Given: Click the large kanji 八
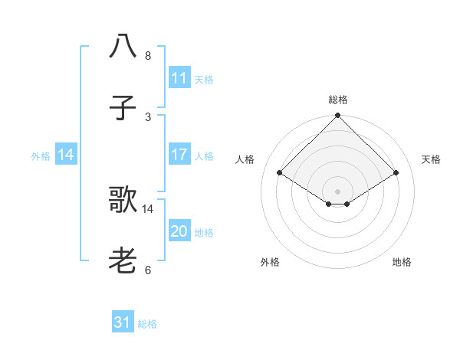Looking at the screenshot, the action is click(123, 45).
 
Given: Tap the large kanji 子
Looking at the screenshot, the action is click(123, 107).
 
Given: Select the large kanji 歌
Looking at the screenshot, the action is click(123, 200).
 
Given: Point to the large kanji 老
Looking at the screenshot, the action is click(123, 261).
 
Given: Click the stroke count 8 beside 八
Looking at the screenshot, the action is click(148, 56).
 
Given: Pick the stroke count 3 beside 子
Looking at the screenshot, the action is click(148, 116).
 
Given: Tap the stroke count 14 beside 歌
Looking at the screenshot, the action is click(148, 208).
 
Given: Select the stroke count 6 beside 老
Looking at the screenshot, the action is click(148, 270).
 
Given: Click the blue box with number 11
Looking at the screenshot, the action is click(179, 78).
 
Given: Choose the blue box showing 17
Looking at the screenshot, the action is click(179, 155).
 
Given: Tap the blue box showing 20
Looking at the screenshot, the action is click(179, 231).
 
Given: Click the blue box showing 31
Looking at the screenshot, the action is click(123, 322).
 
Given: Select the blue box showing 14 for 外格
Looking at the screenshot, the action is click(66, 155).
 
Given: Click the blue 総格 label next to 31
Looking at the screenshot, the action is click(147, 324).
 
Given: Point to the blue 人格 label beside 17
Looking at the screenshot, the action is click(204, 156).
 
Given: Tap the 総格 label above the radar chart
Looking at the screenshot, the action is click(337, 100).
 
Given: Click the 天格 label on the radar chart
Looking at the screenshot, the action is click(431, 159).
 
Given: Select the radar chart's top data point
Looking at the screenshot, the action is click(337, 116).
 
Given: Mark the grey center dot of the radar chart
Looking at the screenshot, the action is click(337, 191).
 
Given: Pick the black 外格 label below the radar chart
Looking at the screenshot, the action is click(270, 262).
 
